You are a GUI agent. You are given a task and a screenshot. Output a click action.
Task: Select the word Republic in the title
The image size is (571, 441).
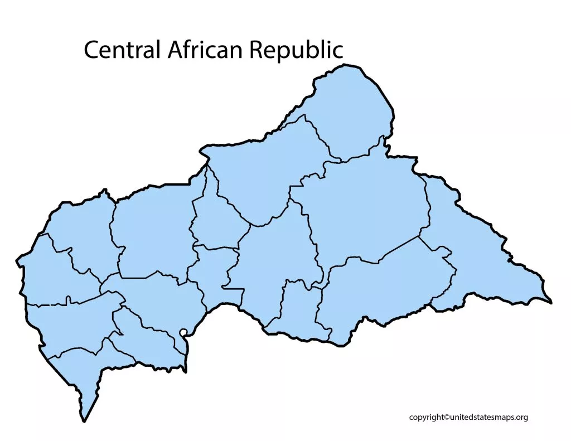296,51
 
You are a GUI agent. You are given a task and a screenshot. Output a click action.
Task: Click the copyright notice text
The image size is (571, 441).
468,417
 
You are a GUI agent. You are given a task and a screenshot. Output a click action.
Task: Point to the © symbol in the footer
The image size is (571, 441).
446,417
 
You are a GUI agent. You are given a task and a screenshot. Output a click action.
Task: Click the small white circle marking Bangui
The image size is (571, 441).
183,333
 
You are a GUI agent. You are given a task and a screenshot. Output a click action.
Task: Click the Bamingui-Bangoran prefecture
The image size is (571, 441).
262,167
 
